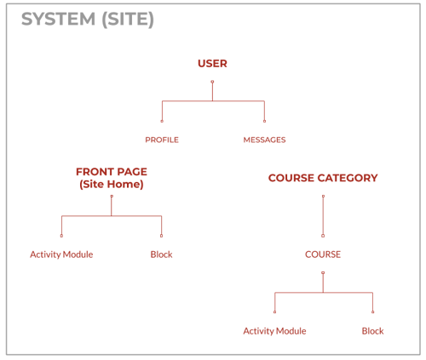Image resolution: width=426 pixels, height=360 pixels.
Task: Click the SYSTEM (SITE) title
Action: tap(88, 20)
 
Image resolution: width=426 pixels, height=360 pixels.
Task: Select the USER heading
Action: tap(212, 64)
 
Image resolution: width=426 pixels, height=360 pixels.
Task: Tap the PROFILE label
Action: tap(162, 140)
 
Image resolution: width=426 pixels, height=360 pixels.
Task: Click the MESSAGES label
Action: tap(264, 140)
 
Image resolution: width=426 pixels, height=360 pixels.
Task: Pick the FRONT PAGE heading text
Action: tap(112, 172)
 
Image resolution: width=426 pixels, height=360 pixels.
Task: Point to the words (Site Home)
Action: tap(112, 185)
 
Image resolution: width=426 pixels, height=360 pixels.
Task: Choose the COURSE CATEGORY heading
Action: tap(323, 178)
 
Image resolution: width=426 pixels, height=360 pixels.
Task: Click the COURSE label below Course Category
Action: tap(323, 254)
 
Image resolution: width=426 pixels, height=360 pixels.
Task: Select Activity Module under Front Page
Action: tap(61, 254)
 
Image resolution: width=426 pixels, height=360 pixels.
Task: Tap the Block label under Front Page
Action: tap(161, 254)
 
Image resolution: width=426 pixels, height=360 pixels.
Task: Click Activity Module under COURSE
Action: tap(274, 331)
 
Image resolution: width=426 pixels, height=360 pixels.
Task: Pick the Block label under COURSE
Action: tap(372, 331)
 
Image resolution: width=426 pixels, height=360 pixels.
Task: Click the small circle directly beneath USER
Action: tap(212, 82)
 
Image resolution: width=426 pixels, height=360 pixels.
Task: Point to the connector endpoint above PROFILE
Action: tap(162, 121)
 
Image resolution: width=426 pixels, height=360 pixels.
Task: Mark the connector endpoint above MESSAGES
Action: tap(264, 121)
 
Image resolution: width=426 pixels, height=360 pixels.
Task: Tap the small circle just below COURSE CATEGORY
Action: tap(323, 196)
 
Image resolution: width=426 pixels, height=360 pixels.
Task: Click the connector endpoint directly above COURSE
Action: tap(323, 236)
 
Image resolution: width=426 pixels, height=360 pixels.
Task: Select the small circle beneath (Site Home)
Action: tap(112, 196)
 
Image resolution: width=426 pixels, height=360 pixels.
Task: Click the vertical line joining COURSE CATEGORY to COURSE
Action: tap(323, 216)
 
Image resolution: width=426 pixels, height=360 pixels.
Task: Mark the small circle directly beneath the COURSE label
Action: tap(323, 272)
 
